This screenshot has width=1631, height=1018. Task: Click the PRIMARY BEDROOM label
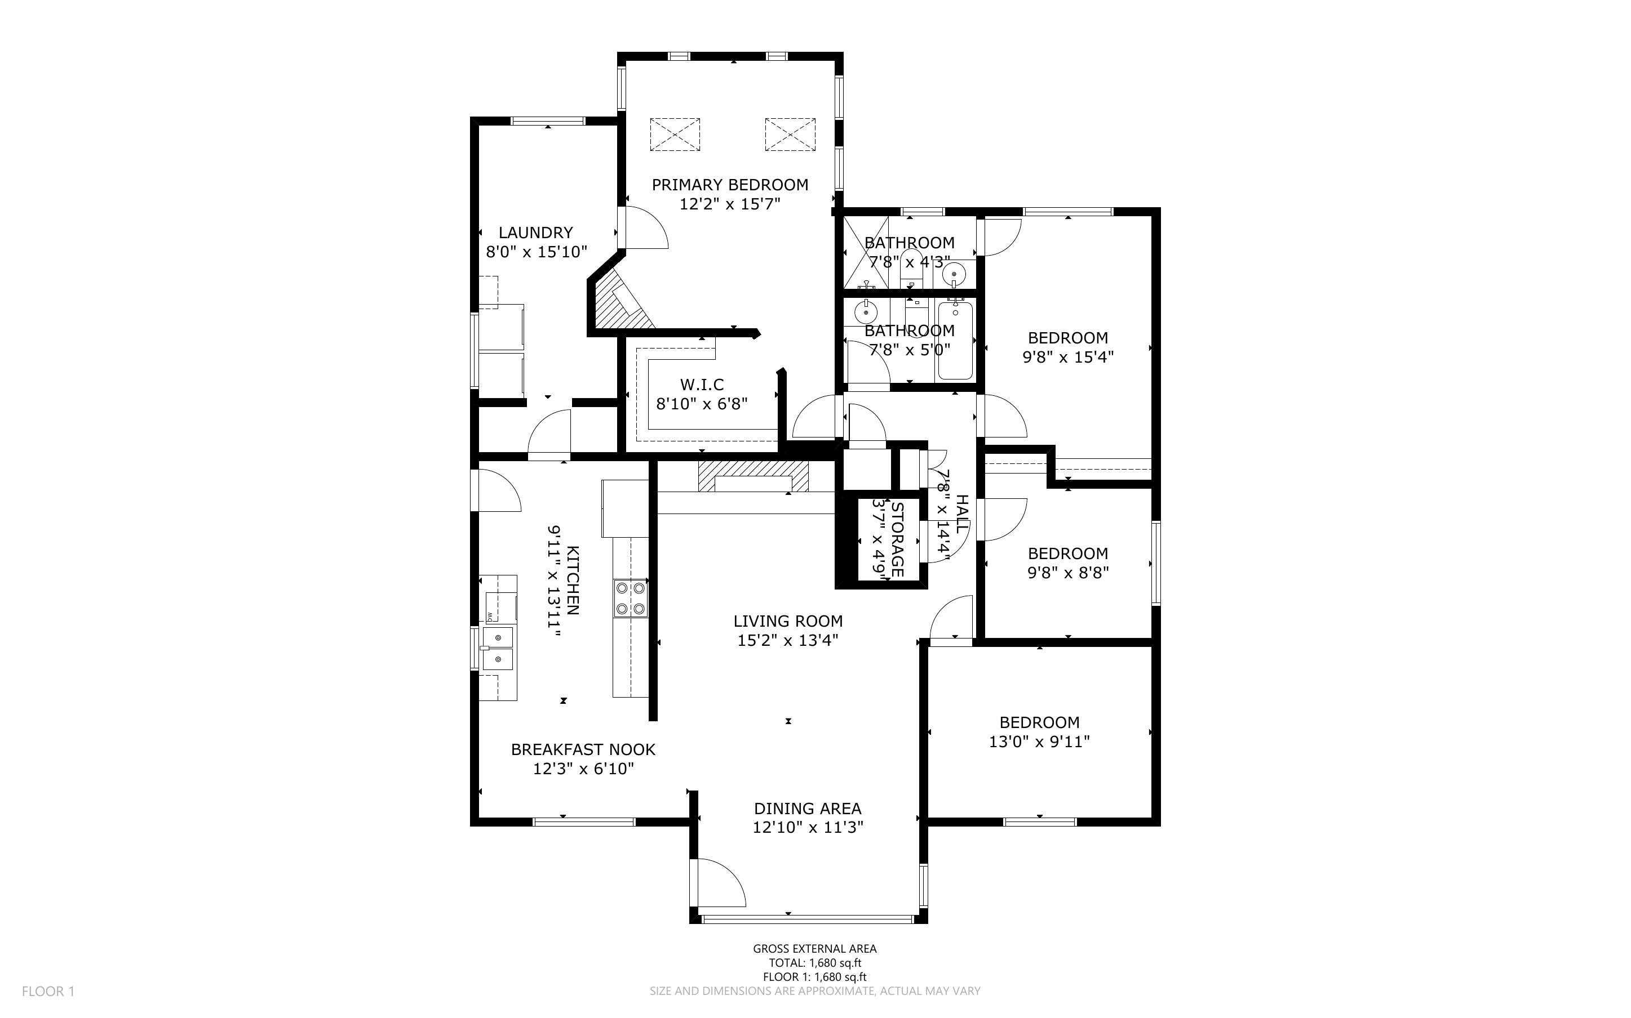[x=730, y=185]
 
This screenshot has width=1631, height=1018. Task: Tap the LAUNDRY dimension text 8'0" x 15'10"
[x=537, y=252]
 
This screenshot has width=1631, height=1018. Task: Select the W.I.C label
[x=702, y=385]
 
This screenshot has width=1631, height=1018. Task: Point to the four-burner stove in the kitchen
[x=630, y=598]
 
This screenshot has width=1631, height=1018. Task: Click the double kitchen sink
[x=498, y=648]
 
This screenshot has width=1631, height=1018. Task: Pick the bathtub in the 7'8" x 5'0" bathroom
[x=955, y=341]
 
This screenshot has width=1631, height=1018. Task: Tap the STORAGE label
[x=897, y=539]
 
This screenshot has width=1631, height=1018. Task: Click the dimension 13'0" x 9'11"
[x=1039, y=742]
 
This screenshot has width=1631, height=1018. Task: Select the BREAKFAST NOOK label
[x=583, y=749]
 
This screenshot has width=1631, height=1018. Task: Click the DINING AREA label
[x=807, y=808]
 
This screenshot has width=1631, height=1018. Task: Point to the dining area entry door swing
[x=720, y=882]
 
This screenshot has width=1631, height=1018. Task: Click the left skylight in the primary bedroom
[x=675, y=134]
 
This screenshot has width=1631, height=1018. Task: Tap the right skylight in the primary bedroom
[x=790, y=134]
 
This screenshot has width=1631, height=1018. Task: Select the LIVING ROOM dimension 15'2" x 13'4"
[x=787, y=640]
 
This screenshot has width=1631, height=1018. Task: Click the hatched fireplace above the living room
[x=752, y=476]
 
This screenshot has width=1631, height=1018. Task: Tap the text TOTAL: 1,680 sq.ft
[x=814, y=963]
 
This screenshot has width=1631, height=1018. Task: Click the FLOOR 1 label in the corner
[x=48, y=991]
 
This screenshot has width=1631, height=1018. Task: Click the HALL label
[x=962, y=514]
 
